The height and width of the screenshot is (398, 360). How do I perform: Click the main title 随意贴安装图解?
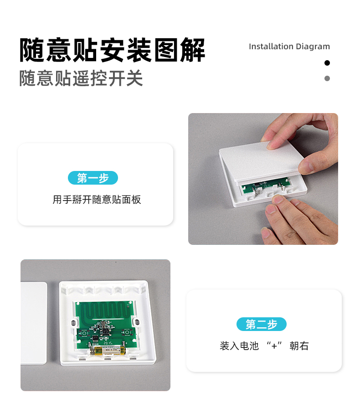coord(112,50)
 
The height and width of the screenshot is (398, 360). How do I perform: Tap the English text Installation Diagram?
coord(289,47)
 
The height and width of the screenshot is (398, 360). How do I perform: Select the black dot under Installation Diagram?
coord(327,63)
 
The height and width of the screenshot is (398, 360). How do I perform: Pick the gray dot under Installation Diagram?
coord(327,78)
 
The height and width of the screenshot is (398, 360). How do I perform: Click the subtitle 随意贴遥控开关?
coord(81,78)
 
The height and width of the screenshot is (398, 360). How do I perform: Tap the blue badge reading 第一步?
coord(93,178)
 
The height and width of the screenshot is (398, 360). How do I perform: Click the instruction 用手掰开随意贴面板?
coord(97,200)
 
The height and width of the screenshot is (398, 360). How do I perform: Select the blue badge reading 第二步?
coord(262,324)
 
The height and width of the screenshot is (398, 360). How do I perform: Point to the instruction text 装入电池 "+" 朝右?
coord(264,346)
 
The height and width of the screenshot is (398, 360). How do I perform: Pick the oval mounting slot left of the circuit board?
coord(73,322)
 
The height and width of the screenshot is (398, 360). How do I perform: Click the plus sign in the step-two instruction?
coord(274,346)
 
